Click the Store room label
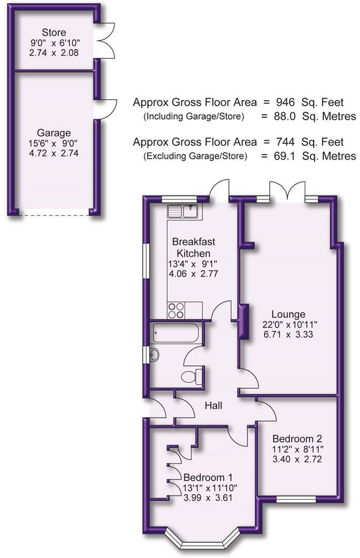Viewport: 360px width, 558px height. click(54, 33)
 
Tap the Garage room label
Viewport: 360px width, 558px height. click(54, 132)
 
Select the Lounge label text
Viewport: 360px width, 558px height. click(289, 314)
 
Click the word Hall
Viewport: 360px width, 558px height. click(213, 406)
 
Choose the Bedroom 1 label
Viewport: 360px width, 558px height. click(205, 477)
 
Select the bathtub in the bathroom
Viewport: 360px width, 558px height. click(175, 333)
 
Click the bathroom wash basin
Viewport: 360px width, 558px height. click(154, 355)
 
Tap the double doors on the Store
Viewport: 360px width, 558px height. click(106, 41)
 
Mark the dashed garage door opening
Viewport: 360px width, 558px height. click(54, 211)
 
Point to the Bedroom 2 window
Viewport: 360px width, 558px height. click(296, 499)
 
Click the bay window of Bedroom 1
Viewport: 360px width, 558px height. click(204, 542)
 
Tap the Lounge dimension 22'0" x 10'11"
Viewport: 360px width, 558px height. click(289, 324)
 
